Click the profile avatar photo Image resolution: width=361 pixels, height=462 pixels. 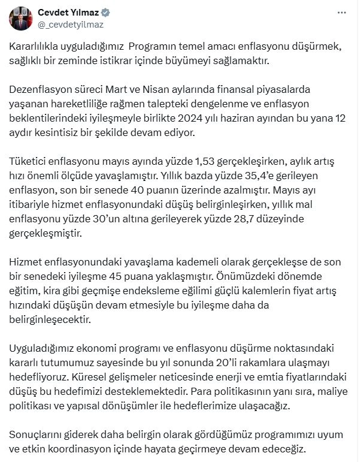pos(22,18)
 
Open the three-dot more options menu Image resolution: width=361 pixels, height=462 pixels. pos(342,13)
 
